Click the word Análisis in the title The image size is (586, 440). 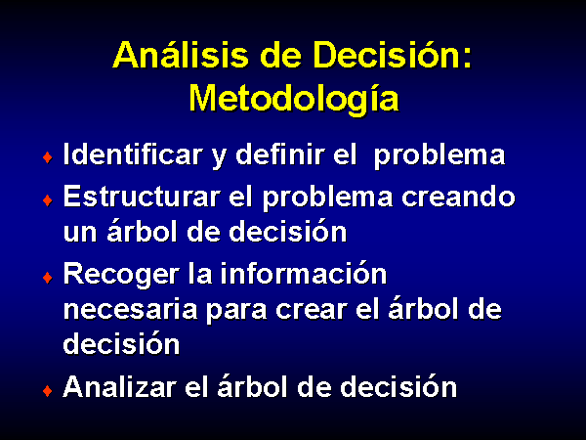[181, 55]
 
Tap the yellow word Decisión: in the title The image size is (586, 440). [393, 55]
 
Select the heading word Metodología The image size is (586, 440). [294, 99]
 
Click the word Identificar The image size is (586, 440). [133, 154]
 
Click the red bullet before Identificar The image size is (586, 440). [48, 157]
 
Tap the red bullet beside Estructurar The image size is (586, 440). [48, 200]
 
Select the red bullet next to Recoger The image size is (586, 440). [48, 278]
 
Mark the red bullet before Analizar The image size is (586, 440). [48, 391]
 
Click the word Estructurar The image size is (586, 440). [142, 197]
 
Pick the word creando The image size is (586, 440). [458, 197]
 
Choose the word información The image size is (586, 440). [303, 274]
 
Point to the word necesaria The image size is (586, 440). [131, 310]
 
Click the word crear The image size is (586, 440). [312, 311]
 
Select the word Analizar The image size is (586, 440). [119, 387]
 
